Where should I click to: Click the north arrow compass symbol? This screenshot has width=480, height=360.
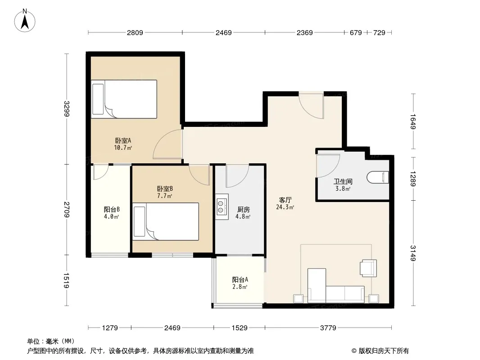(25, 21)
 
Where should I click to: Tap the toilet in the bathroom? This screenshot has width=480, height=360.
(378, 177)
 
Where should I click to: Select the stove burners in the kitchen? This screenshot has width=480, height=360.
(220, 207)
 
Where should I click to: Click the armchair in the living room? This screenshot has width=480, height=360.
(368, 268)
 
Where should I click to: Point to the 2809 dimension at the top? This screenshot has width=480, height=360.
(135, 32)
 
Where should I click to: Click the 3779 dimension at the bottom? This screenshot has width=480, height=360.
(328, 328)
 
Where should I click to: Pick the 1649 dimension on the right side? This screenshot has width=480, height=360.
(413, 121)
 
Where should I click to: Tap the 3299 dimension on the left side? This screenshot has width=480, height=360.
(67, 108)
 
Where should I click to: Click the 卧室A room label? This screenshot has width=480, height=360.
(123, 141)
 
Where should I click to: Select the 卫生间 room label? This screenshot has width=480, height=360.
(343, 181)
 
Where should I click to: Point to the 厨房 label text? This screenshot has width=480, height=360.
(243, 210)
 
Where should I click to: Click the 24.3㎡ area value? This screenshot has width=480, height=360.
(285, 207)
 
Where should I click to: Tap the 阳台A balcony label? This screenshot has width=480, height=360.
(240, 279)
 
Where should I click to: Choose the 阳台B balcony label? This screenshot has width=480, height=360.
(111, 210)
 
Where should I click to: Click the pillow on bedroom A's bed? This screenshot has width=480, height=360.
(98, 99)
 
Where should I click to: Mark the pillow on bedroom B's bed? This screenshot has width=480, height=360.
(140, 221)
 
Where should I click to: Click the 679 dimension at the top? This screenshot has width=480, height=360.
(356, 32)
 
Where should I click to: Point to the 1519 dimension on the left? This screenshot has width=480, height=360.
(67, 280)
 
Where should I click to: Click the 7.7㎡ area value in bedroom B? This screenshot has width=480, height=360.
(164, 196)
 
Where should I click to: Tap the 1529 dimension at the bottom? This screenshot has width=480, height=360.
(240, 328)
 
